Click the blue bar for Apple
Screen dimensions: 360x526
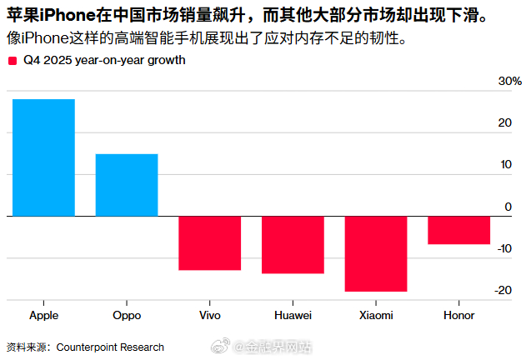[x=43, y=157]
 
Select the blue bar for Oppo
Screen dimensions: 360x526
[x=126, y=185]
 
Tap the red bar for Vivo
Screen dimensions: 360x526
[x=209, y=243]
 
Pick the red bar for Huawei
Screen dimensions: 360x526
[x=293, y=245]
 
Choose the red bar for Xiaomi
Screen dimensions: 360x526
[x=376, y=254]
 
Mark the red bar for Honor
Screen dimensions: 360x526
[x=458, y=231]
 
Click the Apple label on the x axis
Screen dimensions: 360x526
[x=43, y=316]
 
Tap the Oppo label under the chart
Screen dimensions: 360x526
[x=126, y=316]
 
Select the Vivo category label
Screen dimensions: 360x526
[x=209, y=316]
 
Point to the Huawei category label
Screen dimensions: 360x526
[x=293, y=316]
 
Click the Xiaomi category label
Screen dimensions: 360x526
[x=376, y=316]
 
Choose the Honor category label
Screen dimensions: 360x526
[x=458, y=316]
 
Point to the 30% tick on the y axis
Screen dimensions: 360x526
[x=509, y=82]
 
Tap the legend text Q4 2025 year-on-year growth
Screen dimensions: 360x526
[x=104, y=61]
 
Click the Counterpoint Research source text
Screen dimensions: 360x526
[x=110, y=347]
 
